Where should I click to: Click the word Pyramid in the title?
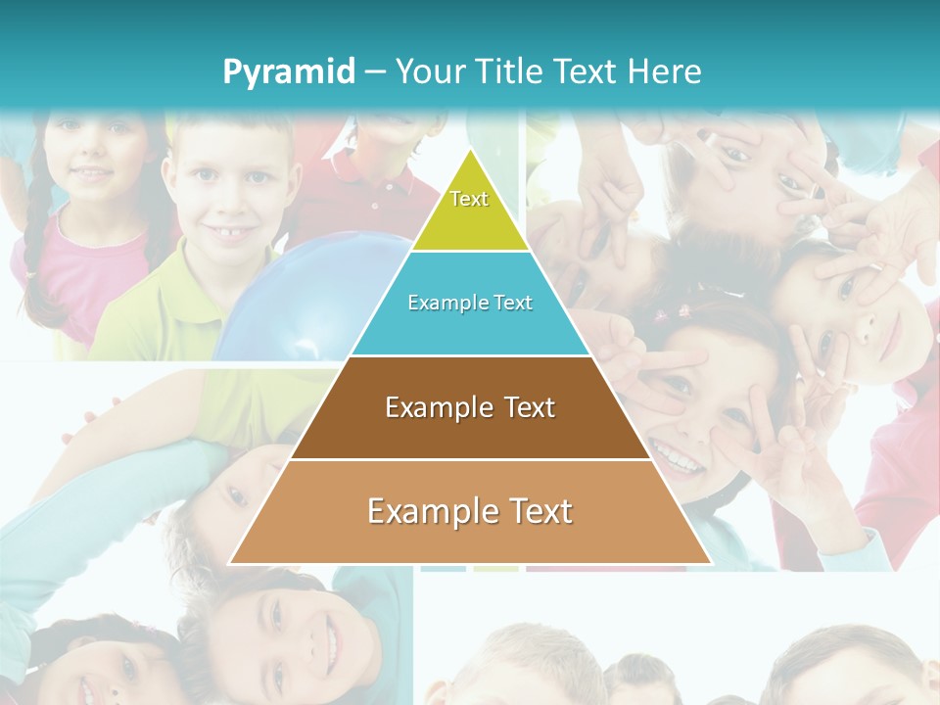[x=289, y=72]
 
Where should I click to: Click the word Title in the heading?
[x=511, y=72]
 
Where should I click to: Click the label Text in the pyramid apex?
[x=469, y=199]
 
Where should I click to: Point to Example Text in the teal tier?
[x=470, y=303]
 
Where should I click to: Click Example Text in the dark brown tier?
[x=470, y=407]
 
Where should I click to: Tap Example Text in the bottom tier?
[x=470, y=511]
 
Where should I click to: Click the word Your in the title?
[x=432, y=72]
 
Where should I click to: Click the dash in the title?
[x=375, y=72]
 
